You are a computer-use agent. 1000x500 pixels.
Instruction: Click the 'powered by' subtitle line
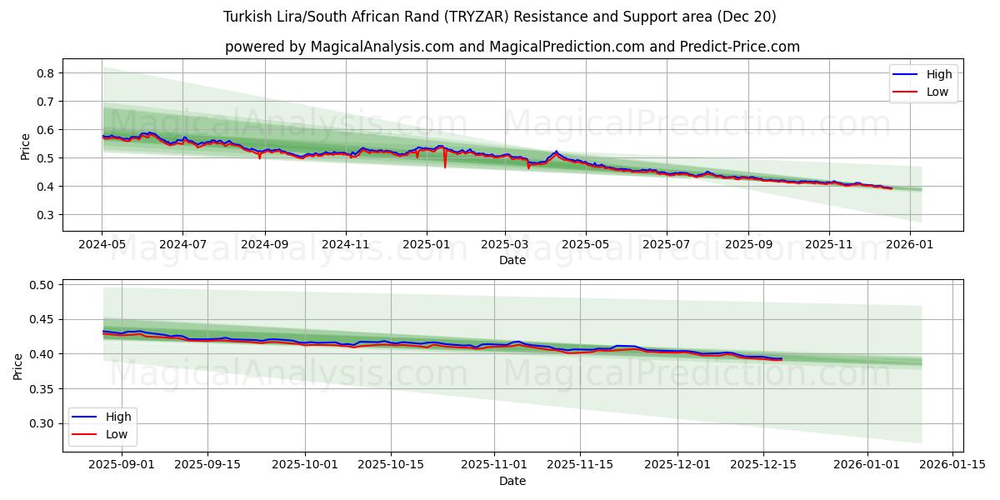pos(512,47)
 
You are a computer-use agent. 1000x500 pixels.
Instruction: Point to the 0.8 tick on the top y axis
pos(46,73)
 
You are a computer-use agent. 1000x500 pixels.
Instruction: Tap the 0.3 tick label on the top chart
pos(46,215)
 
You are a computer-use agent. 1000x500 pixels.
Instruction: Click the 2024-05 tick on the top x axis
pos(102,246)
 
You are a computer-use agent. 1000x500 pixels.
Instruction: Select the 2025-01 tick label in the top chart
pos(426,246)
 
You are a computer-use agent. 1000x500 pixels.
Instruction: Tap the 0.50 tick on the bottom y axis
pos(42,285)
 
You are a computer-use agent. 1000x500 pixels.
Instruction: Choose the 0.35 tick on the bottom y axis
pos(42,389)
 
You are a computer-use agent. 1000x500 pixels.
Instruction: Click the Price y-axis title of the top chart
pos(25,147)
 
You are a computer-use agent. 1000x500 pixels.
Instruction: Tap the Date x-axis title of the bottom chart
pos(512,481)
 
